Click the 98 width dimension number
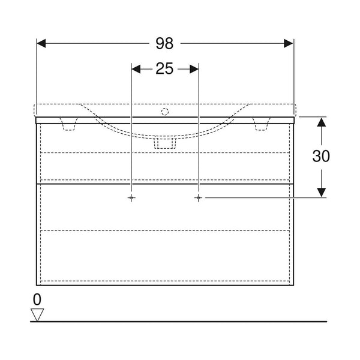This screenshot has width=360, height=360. (164, 43)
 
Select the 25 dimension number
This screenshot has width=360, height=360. (164, 68)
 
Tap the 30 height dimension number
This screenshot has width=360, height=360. (321, 156)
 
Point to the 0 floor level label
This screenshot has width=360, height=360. (37, 299)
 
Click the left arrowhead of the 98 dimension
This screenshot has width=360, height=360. (41, 43)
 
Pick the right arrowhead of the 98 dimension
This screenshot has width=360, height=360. (289, 43)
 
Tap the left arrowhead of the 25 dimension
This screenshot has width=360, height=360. (136, 69)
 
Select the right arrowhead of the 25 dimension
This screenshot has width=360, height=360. (194, 69)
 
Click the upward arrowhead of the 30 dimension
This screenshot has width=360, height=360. (322, 122)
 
